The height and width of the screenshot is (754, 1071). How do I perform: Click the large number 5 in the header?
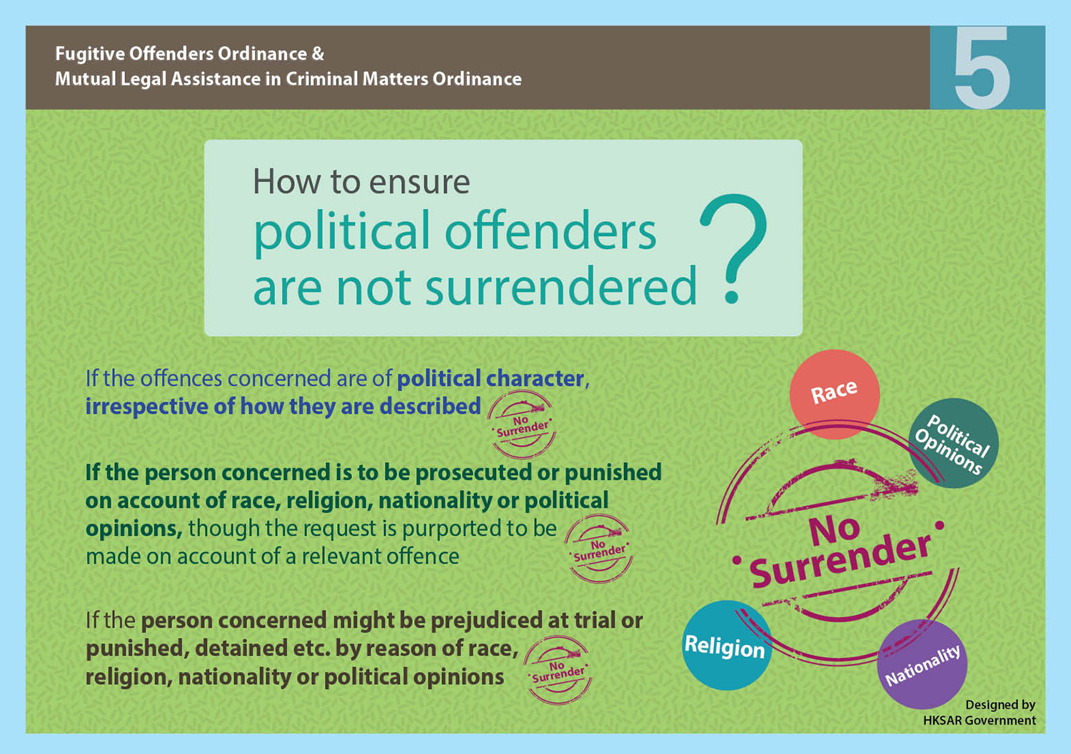coord(982,67)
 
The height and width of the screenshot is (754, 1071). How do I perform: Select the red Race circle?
coord(835,394)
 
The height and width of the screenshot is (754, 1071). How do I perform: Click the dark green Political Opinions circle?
coord(953,443)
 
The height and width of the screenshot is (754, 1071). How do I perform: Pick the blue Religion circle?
coord(727,645)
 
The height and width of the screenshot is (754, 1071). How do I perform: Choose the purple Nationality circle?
coord(922,664)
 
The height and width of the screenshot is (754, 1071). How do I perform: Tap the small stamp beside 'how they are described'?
coord(522,424)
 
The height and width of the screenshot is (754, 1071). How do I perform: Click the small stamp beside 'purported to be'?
coord(598,549)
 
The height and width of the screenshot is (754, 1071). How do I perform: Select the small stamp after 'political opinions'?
coord(558,670)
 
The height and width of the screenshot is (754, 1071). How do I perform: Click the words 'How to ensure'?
coord(361,182)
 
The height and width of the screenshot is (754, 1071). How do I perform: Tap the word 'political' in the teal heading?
coord(342,233)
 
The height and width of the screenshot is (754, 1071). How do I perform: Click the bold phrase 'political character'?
coord(491,379)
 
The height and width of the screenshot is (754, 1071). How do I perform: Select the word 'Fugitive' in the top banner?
coord(90,54)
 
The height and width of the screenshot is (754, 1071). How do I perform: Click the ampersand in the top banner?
coord(318,54)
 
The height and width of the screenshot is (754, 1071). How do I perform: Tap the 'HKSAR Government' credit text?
coord(979,720)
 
